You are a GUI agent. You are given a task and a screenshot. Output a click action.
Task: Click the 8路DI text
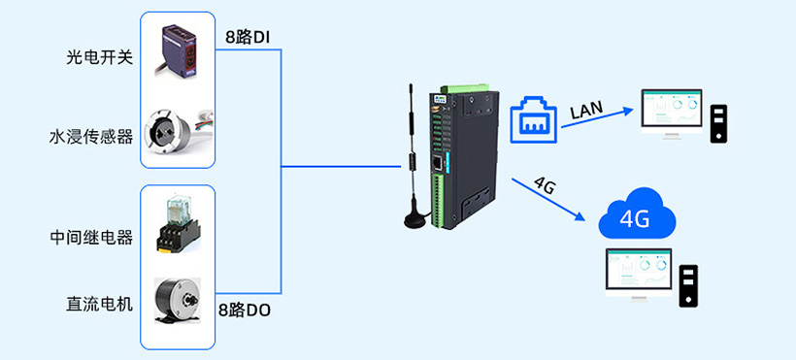click(246, 38)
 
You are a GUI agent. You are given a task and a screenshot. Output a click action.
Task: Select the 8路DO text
click(245, 311)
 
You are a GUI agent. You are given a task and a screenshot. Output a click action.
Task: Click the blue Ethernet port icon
click(533, 118)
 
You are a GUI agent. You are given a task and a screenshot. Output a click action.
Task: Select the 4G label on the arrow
click(545, 184)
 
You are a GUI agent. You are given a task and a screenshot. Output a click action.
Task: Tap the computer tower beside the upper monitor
click(718, 123)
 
